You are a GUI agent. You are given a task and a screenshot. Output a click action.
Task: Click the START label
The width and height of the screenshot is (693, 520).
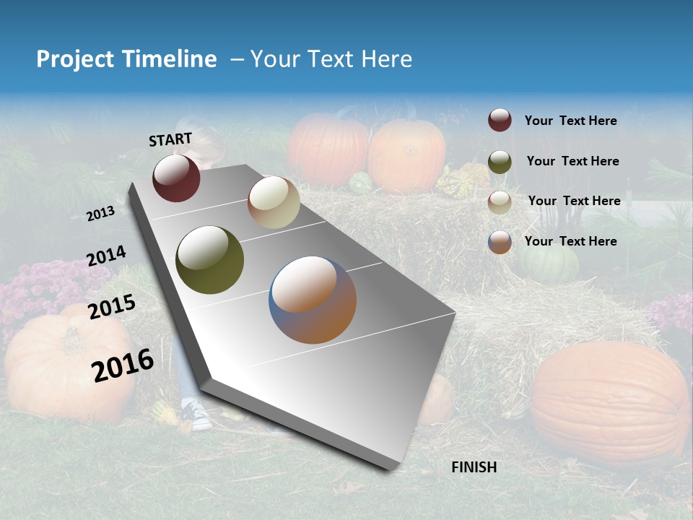tap(170, 139)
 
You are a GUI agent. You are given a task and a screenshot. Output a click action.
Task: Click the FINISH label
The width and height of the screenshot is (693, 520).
tap(474, 467)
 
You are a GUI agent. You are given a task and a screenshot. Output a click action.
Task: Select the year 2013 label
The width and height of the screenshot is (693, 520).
tap(100, 214)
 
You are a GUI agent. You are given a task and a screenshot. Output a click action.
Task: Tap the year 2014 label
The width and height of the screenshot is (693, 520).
tap(106, 256)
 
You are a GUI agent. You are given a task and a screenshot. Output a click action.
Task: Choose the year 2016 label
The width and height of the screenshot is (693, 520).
tap(122, 365)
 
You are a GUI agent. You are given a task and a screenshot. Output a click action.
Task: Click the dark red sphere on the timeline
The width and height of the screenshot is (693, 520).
tap(176, 178)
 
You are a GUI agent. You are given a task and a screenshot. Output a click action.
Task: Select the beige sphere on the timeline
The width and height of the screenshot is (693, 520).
tap(274, 202)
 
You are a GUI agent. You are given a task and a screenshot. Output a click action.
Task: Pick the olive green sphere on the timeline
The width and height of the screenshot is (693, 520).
tap(209, 260)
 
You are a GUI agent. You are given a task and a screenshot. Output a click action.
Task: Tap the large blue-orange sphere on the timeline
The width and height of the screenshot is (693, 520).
tap(313, 300)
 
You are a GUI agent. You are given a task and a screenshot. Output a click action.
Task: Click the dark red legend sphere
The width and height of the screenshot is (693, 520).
tap(500, 121)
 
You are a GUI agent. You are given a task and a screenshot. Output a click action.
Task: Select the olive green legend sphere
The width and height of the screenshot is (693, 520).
tap(500, 162)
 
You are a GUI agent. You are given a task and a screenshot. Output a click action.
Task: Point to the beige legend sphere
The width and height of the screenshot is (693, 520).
tap(500, 201)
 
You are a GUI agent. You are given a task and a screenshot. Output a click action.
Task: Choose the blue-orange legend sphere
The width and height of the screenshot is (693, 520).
tap(500, 242)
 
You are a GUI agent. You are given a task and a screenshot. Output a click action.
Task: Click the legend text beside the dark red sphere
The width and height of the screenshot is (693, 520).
tap(570, 121)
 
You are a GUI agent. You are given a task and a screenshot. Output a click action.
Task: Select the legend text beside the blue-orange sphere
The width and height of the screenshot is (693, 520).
tap(570, 241)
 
